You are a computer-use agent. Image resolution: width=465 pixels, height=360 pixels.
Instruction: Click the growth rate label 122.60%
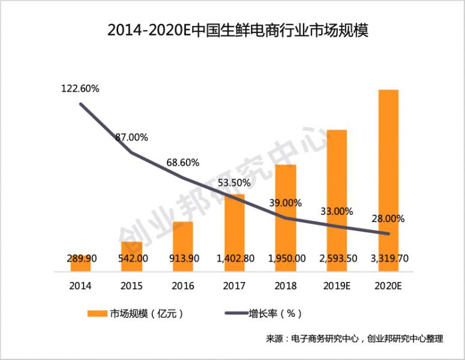(x=80, y=89)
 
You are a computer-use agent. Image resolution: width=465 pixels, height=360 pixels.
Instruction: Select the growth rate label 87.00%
(x=131, y=137)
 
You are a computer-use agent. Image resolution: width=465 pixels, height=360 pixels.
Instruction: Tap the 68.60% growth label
(x=183, y=163)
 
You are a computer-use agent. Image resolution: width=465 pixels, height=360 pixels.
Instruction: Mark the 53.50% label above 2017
(x=234, y=183)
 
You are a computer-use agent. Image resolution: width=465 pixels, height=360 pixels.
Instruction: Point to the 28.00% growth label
(x=389, y=218)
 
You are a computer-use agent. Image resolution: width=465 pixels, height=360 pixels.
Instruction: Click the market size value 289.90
(x=80, y=259)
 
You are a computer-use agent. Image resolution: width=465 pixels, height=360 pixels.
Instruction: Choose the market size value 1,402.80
(x=234, y=259)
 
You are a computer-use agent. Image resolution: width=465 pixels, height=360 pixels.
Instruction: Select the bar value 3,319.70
(x=389, y=259)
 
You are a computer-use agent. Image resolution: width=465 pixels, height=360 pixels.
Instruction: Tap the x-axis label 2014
(x=80, y=286)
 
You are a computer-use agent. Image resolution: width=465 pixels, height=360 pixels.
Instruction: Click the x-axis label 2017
(x=234, y=286)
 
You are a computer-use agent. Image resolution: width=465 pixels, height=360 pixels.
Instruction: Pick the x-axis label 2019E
(x=337, y=286)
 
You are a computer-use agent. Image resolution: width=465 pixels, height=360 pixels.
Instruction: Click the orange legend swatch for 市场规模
(x=97, y=313)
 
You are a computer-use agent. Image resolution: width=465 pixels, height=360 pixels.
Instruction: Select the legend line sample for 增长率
(x=235, y=313)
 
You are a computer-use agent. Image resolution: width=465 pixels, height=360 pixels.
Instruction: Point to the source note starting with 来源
(x=354, y=339)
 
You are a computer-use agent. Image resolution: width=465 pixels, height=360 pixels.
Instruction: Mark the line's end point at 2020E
(x=389, y=233)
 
